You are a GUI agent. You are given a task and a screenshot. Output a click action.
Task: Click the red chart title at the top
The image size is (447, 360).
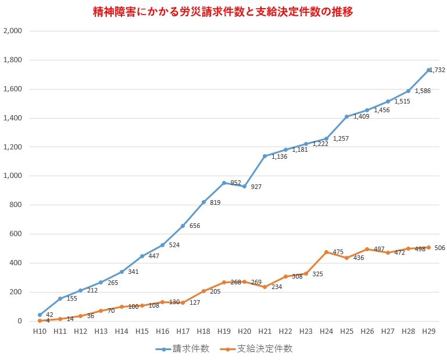[x=223, y=11]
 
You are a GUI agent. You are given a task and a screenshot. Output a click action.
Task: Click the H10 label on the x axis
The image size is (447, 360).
[x=40, y=331]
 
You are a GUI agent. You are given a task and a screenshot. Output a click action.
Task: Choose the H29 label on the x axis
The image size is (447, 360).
[x=429, y=331]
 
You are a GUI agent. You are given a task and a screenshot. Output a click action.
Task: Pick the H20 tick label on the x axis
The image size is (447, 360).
[x=245, y=331]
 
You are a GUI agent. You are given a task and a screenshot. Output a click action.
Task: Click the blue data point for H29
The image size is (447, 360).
[x=429, y=70]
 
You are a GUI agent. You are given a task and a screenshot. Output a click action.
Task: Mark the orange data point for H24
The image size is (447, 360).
[x=327, y=252]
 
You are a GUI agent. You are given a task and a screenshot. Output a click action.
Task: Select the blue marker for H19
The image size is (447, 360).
[x=224, y=183]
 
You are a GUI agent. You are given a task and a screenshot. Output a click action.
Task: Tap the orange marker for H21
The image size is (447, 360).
[x=265, y=287]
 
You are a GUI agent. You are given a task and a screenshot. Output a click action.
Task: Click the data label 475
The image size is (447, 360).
[x=338, y=252]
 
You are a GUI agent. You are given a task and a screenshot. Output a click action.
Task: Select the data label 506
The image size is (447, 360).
[x=439, y=248]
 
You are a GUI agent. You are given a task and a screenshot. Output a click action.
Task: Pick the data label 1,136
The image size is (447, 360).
[x=280, y=156]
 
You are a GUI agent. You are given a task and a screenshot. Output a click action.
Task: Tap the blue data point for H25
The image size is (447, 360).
[x=347, y=116]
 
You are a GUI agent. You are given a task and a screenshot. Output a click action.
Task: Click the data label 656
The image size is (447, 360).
[x=195, y=226]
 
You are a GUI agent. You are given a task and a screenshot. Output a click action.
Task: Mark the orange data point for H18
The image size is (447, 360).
[x=203, y=291]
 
